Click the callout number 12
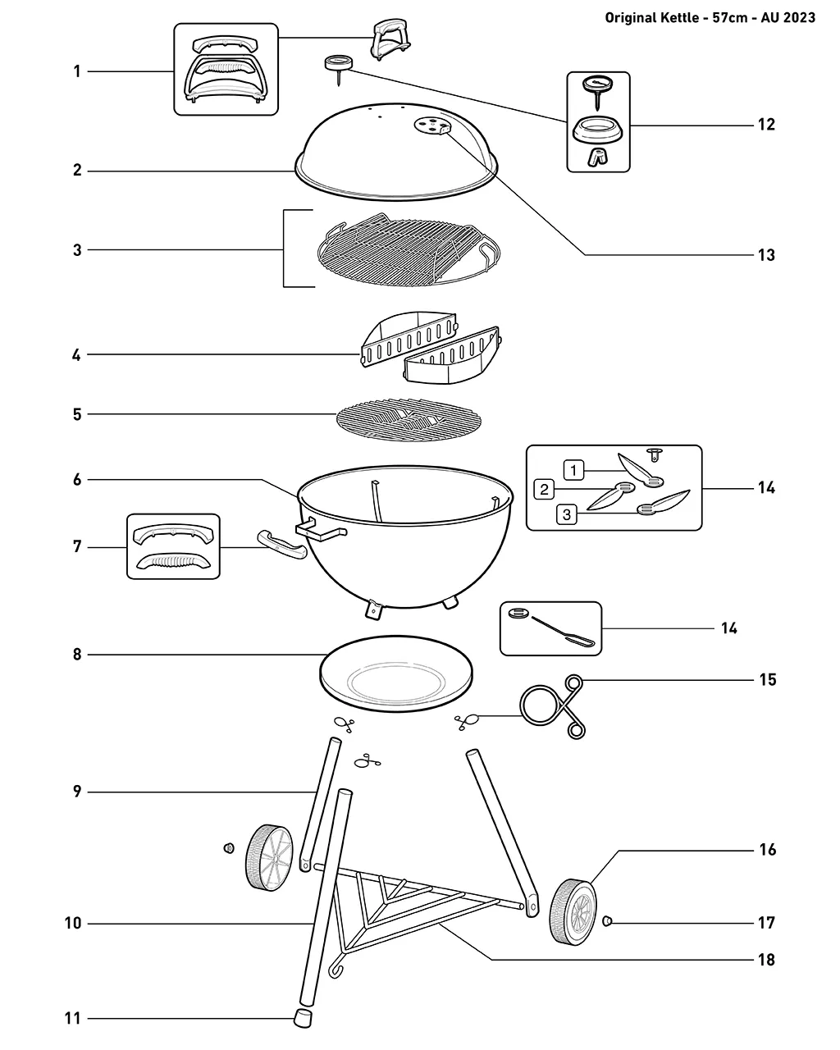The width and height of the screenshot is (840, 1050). tap(766, 125)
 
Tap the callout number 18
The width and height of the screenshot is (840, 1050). tap(766, 960)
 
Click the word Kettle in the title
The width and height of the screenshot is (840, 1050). tap(679, 18)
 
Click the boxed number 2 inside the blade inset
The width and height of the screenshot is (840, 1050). tap(544, 490)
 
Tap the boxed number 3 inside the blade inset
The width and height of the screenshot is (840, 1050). tap(566, 514)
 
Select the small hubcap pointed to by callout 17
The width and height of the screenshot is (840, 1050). tap(608, 920)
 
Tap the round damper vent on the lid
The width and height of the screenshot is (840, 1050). tap(432, 126)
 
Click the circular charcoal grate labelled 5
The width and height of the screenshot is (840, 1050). tap(409, 420)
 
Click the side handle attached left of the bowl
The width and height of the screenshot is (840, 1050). tap(282, 546)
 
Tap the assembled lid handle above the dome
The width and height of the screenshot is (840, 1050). tap(390, 39)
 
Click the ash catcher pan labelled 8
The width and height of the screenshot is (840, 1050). tap(396, 673)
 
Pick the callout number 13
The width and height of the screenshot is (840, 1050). tap(766, 254)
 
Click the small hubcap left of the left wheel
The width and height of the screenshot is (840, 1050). tap(228, 848)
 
